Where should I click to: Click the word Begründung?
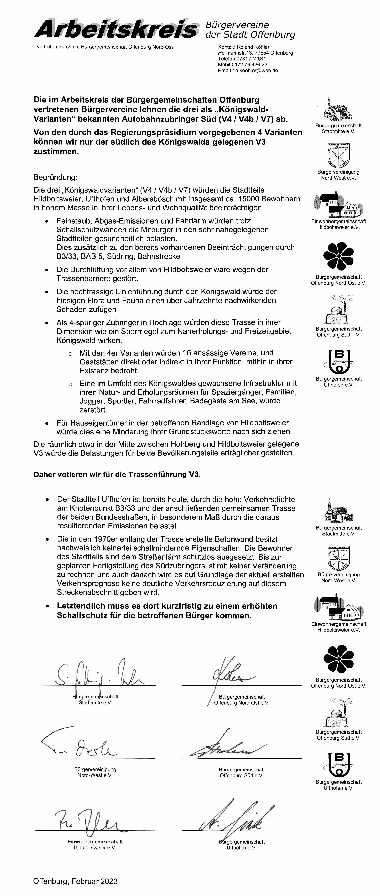pyautogui.click(x=55, y=177)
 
